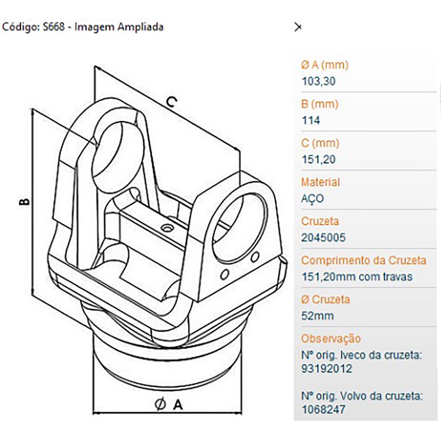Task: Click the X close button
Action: (298, 27)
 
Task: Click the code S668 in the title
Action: (54, 27)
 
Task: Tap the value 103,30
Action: (318, 81)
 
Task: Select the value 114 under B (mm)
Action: (311, 120)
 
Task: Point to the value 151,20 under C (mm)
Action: (318, 160)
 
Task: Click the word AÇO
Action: (313, 198)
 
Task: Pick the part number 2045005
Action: (323, 238)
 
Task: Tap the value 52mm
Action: (318, 316)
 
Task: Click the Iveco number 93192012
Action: (326, 368)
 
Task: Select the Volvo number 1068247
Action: (323, 410)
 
